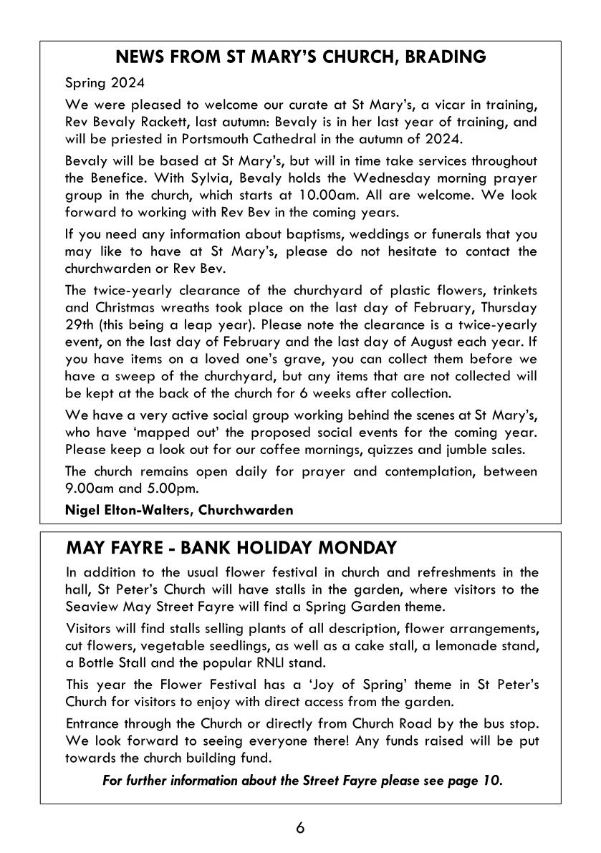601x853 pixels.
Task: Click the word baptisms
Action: point(277,234)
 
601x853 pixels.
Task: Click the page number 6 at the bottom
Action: point(300,828)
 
